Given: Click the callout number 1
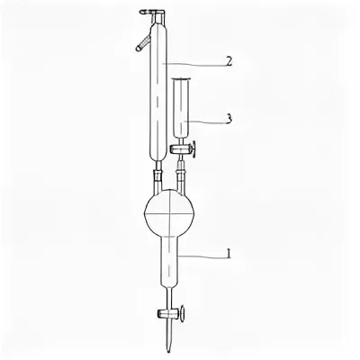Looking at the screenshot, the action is [229, 255].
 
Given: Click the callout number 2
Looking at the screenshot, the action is [229, 62].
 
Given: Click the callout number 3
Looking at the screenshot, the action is [229, 119].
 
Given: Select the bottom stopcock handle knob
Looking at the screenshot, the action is [182, 314].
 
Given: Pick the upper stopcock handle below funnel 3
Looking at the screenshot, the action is [194, 148].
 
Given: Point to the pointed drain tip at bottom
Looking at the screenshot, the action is [169, 352].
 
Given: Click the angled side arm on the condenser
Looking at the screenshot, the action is [143, 42].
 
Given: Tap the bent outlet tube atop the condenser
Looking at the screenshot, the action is [153, 13].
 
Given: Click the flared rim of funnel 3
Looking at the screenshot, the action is [181, 78].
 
